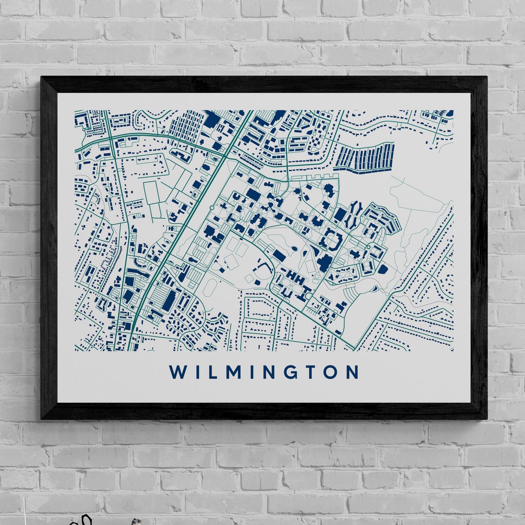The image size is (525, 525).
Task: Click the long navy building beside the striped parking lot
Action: pyautogui.click(x=169, y=300)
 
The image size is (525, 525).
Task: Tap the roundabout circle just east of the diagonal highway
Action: pyautogui.click(x=212, y=208)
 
